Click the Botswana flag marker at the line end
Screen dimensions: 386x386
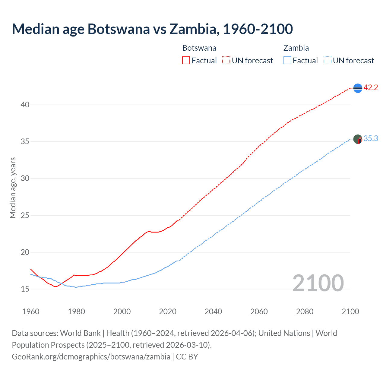(x=358, y=88)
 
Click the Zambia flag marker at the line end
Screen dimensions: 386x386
(x=358, y=139)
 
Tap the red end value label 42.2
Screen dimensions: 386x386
(x=371, y=88)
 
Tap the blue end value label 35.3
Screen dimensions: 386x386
(x=371, y=138)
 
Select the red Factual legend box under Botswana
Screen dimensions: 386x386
(x=186, y=60)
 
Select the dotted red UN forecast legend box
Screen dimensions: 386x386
(x=226, y=60)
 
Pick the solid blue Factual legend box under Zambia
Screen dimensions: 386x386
(x=287, y=60)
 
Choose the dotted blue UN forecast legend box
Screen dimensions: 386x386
(x=327, y=60)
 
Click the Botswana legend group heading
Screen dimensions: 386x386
(x=199, y=48)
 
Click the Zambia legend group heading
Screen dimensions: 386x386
(x=296, y=48)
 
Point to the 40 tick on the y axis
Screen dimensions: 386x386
(x=25, y=105)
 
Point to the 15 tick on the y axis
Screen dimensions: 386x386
(x=25, y=289)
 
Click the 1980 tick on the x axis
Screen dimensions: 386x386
(x=76, y=312)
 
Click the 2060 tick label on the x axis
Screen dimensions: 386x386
(x=259, y=312)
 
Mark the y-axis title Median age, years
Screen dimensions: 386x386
(x=13, y=188)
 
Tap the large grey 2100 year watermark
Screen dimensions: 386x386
(x=318, y=283)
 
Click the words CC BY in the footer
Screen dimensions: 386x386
(x=187, y=356)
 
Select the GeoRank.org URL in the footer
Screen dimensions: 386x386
(x=91, y=356)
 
